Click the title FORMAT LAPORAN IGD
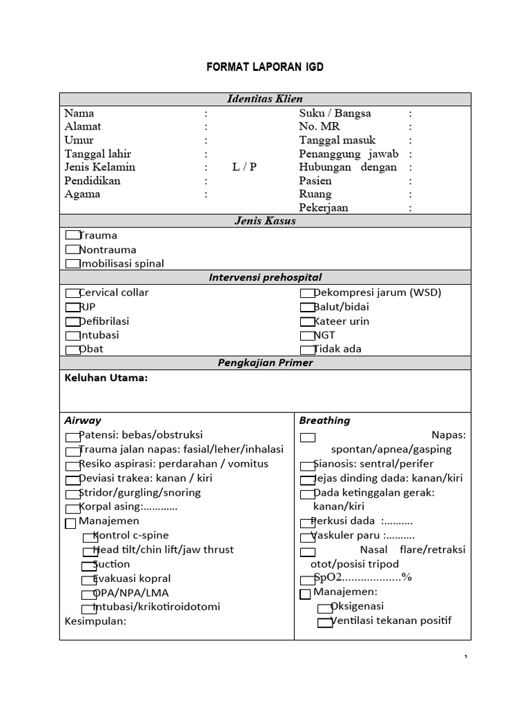[x=265, y=68]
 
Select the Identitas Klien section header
[x=265, y=99]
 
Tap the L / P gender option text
[x=244, y=167]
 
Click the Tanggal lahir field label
[x=97, y=154]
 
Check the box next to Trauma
[x=72, y=236]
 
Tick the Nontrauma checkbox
[x=72, y=250]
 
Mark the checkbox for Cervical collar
[x=72, y=293]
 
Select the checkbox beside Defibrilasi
[x=72, y=322]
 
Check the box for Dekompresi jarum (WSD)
[x=308, y=293]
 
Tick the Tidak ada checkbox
[x=308, y=350]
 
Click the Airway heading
[x=83, y=420]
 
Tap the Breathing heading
[x=324, y=420]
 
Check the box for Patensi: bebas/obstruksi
[x=72, y=436]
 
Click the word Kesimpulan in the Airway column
[x=95, y=621]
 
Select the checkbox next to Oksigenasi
[x=325, y=608]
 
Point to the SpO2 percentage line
[x=362, y=578]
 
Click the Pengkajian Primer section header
[x=265, y=363]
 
